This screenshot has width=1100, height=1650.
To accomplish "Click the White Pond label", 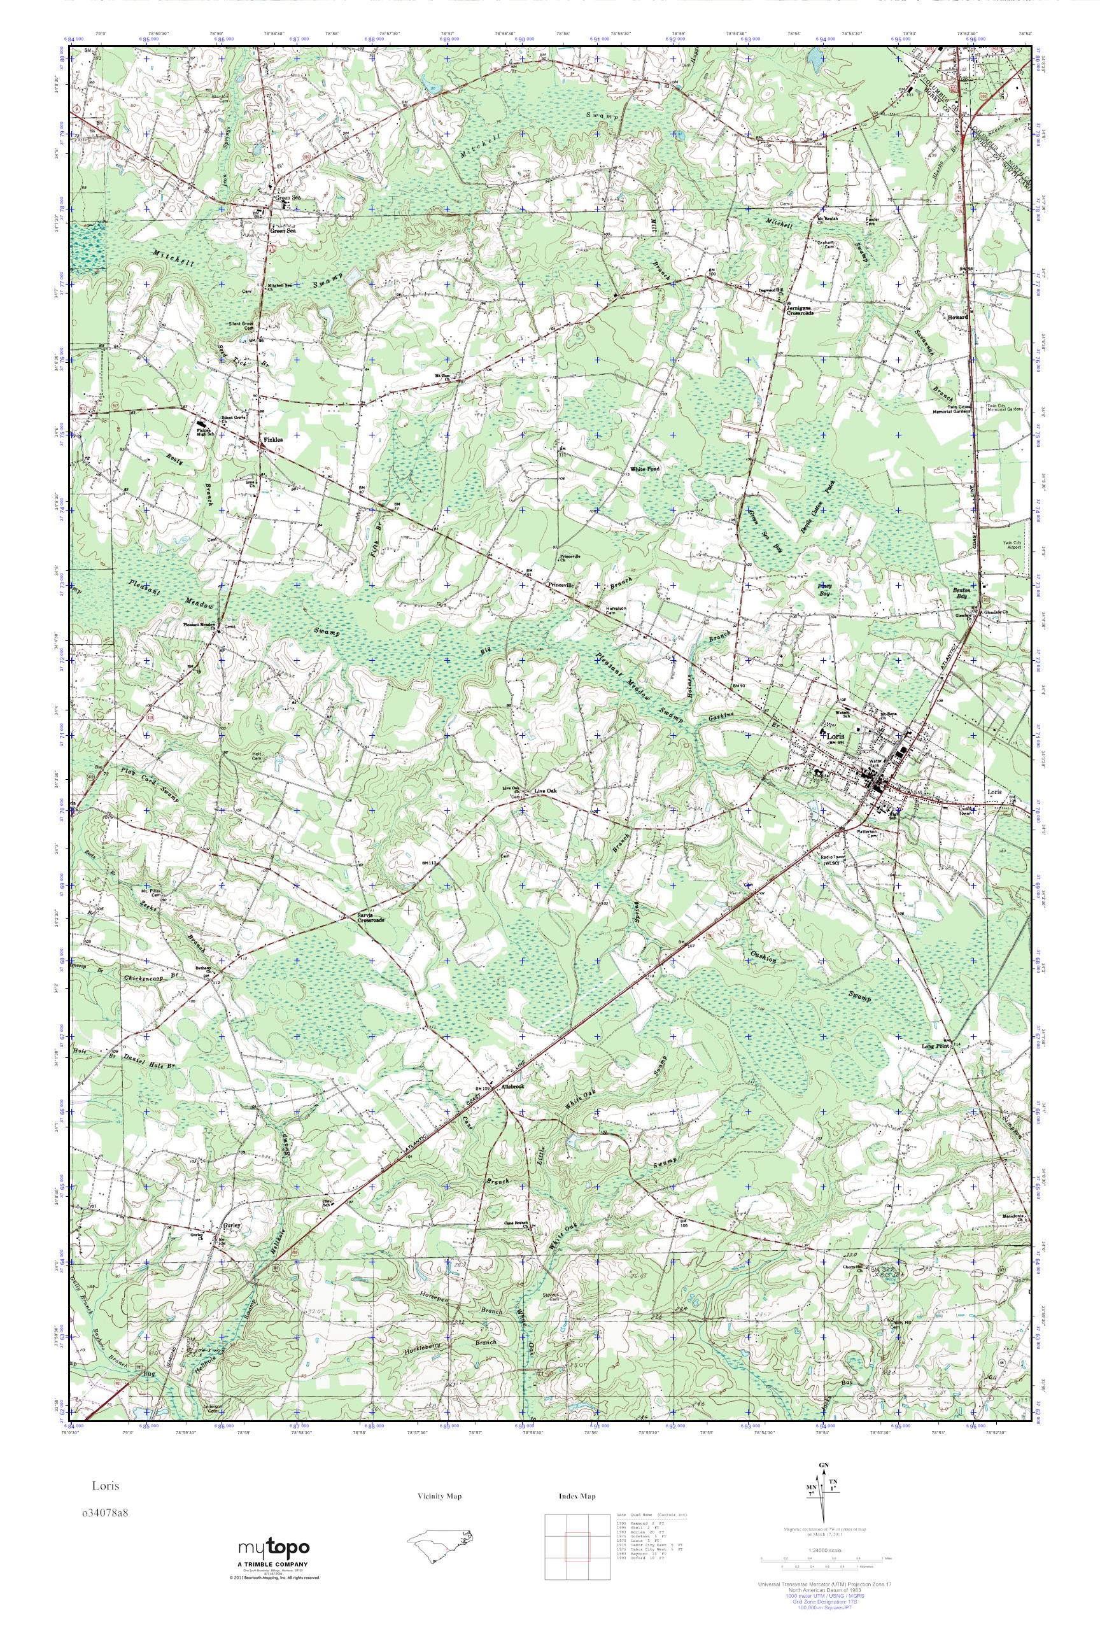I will point(644,469).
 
